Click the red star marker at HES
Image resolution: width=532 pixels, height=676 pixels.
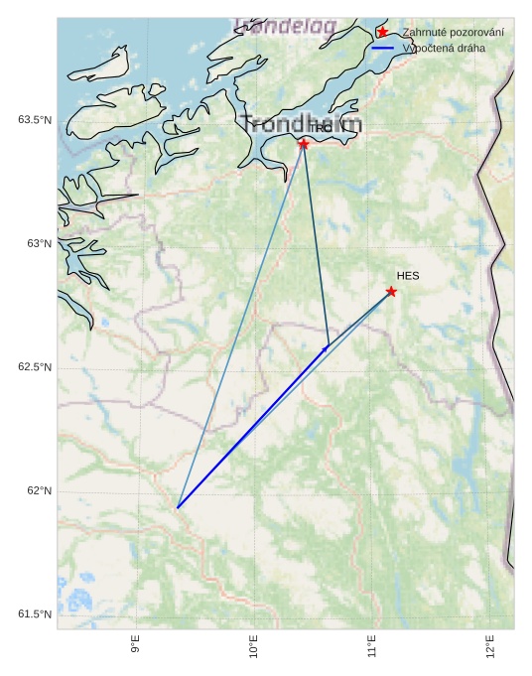pyautogui.click(x=391, y=292)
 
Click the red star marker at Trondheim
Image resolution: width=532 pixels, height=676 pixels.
pyautogui.click(x=304, y=144)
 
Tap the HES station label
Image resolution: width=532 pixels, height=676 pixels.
pyautogui.click(x=408, y=276)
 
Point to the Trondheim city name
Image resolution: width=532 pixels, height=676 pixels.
pyautogui.click(x=301, y=125)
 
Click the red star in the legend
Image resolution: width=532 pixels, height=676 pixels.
pyautogui.click(x=383, y=33)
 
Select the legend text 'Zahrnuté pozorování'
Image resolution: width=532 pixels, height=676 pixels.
pyautogui.click(x=453, y=33)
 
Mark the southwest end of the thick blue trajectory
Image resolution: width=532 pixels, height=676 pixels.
pyautogui.click(x=178, y=507)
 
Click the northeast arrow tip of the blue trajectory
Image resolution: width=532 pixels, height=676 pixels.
pyautogui.click(x=327, y=347)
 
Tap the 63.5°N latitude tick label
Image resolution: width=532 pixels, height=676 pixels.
pyautogui.click(x=35, y=120)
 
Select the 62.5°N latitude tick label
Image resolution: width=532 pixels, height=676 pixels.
pyautogui.click(x=35, y=368)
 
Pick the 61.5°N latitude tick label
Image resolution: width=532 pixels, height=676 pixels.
pyautogui.click(x=35, y=615)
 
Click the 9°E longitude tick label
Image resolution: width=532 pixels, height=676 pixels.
pyautogui.click(x=135, y=646)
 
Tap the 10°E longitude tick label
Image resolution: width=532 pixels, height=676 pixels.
pyautogui.click(x=253, y=646)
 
